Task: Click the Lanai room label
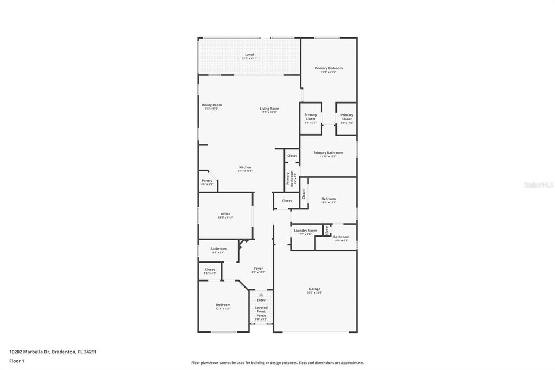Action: point(249,54)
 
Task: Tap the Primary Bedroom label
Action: point(328,68)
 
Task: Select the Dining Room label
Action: point(211,105)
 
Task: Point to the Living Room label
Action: point(269,109)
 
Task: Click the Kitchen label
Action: point(245,167)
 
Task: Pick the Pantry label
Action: point(207,180)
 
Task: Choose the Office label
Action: point(225,214)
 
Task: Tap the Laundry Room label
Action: point(305,231)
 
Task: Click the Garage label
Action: point(314,289)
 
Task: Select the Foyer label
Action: point(259,269)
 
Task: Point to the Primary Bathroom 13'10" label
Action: point(328,153)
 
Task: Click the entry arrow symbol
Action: point(261,295)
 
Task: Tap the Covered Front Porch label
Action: point(261,311)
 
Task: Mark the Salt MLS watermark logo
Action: point(538,185)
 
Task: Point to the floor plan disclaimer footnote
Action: point(277,363)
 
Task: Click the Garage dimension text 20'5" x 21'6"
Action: point(314,292)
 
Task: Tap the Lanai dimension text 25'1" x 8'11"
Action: point(249,58)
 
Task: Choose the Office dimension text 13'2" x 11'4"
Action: point(225,218)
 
